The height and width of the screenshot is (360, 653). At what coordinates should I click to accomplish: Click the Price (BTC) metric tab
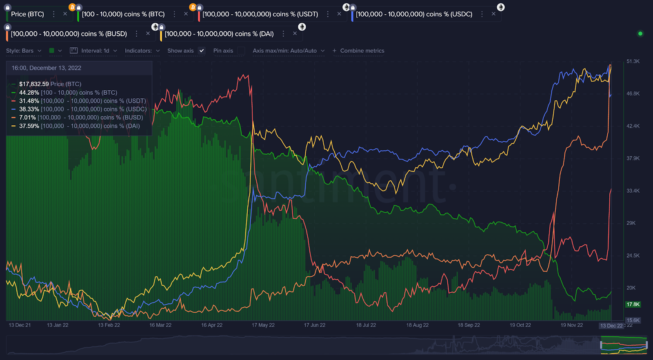(27, 14)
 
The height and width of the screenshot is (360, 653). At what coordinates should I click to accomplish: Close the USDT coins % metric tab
(339, 14)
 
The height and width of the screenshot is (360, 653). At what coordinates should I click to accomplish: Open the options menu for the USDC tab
(482, 14)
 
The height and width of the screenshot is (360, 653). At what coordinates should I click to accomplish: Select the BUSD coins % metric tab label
(69, 34)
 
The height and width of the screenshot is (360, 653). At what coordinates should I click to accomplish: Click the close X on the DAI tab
(295, 33)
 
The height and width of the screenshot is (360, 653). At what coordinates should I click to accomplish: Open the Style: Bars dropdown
(24, 51)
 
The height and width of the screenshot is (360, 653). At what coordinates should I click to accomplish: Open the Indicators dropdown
(142, 51)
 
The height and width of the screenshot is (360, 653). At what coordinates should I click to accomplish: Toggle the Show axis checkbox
(201, 51)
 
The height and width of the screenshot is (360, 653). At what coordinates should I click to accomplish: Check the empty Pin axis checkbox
(241, 51)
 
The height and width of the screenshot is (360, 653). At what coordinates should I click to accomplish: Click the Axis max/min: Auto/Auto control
(288, 51)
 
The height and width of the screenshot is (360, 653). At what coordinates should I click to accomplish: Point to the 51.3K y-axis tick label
(633, 61)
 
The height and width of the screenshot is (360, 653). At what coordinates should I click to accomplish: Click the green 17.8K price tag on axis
(633, 304)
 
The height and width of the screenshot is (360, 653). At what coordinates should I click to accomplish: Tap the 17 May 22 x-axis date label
(263, 325)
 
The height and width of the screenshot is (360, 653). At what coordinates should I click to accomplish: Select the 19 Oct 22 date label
(520, 325)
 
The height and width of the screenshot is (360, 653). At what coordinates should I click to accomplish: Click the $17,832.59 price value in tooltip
(34, 84)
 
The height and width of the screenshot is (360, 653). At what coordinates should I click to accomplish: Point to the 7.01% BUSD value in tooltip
(27, 118)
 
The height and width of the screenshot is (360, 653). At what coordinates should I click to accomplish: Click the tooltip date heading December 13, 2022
(46, 68)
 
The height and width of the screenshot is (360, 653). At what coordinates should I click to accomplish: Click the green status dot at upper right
(640, 33)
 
